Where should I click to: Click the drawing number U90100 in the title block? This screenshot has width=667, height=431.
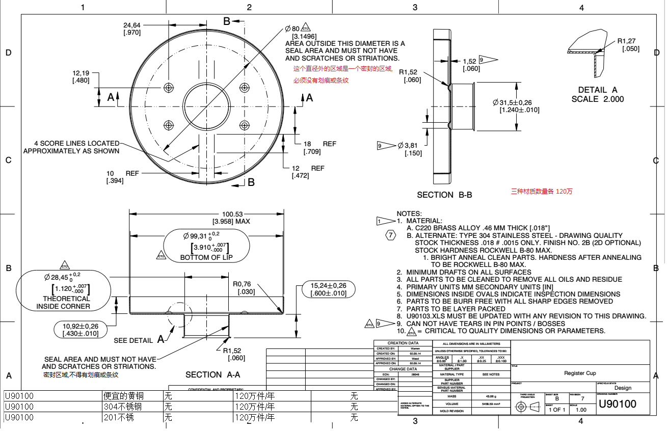pyautogui.click(x=617, y=405)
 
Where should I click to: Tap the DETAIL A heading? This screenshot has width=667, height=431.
pyautogui.click(x=597, y=90)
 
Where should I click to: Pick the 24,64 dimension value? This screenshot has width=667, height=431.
pyautogui.click(x=132, y=25)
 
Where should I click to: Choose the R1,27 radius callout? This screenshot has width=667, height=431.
pyautogui.click(x=626, y=41)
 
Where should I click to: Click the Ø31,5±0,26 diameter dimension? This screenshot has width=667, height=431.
pyautogui.click(x=516, y=102)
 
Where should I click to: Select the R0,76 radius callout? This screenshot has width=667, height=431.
pyautogui.click(x=242, y=284)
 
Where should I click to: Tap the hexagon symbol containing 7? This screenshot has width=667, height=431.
pyautogui.click(x=390, y=235)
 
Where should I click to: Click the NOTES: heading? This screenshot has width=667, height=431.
pyautogui.click(x=409, y=213)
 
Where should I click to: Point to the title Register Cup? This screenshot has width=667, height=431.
pyautogui.click(x=579, y=373)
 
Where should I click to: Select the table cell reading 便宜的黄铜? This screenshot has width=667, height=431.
pyautogui.click(x=123, y=396)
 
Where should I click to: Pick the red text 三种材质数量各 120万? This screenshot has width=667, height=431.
pyautogui.click(x=542, y=192)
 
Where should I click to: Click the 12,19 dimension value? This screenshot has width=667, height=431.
pyautogui.click(x=81, y=73)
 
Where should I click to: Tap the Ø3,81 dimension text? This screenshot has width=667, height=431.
pyautogui.click(x=407, y=146)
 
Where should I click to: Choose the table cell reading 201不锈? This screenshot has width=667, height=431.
pyautogui.click(x=118, y=418)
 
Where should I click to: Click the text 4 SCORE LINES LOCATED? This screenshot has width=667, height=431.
pyautogui.click(x=76, y=144)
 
